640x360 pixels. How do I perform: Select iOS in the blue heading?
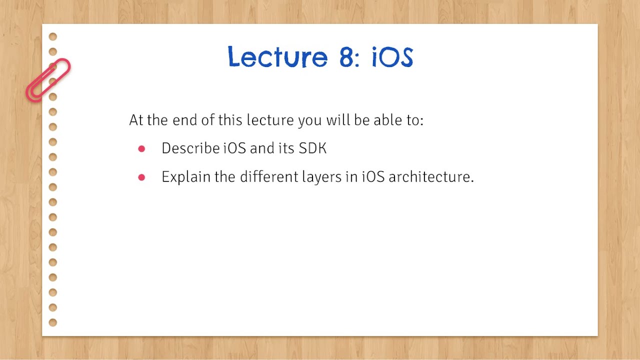point(392,57)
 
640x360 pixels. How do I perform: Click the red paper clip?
point(48,80)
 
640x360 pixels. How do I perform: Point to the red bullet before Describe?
point(141,149)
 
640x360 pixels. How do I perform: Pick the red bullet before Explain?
point(141,177)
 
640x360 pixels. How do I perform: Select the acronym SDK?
point(312,148)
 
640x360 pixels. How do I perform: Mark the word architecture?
point(430,177)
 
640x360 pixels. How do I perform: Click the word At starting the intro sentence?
point(136,120)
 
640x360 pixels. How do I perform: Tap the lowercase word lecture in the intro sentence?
point(270,120)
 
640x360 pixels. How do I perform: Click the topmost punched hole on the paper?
point(53,36)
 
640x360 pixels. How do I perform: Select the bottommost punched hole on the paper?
point(53,322)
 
